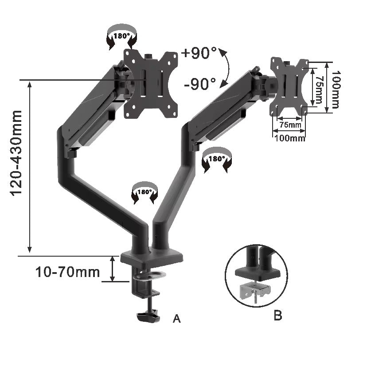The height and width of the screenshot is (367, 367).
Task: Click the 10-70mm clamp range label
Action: click(67, 271)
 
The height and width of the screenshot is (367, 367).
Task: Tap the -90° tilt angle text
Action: click(199, 83)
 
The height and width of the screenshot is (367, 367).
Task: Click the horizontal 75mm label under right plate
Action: click(289, 125)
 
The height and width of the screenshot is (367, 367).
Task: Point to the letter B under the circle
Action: click(278, 316)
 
